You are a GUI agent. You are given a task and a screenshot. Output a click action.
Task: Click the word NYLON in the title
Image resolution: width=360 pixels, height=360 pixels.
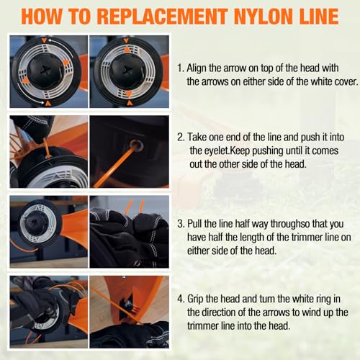click(x=264, y=16)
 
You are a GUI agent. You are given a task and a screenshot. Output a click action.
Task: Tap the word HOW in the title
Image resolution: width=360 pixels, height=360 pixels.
click(x=41, y=16)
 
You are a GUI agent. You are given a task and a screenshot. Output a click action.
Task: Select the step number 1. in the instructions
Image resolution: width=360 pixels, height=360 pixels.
click(x=181, y=68)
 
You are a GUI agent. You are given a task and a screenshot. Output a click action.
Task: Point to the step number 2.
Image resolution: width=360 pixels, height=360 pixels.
click(x=181, y=138)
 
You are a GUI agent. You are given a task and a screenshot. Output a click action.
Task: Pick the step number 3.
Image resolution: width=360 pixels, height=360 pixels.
click(x=181, y=224)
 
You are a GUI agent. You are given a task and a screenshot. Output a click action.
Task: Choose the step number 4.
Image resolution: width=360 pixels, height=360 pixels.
click(x=181, y=299)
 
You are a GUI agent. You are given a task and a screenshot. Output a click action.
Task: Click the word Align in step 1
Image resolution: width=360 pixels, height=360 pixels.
click(x=197, y=68)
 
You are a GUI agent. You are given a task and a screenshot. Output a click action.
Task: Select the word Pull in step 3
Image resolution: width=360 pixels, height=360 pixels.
click(x=194, y=224)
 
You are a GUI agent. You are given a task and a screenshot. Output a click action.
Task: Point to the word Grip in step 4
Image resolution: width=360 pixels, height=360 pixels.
click(x=195, y=300)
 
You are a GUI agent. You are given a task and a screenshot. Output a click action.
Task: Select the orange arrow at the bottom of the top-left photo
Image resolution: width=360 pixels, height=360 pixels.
click(x=48, y=103)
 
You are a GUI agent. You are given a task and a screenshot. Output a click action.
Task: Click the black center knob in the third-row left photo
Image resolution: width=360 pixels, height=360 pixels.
click(x=34, y=222)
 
